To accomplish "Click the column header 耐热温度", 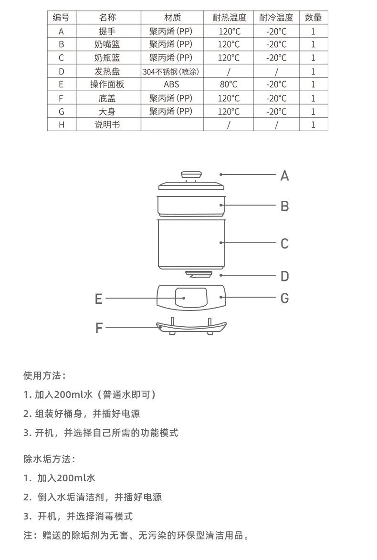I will click(229, 18).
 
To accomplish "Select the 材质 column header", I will click(172, 18).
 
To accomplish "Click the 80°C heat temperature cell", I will click(229, 84).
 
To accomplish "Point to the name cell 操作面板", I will click(107, 84).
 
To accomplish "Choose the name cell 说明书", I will click(107, 124).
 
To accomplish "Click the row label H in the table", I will click(61, 124).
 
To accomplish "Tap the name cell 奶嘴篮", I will click(107, 44).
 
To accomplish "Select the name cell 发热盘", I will click(107, 72).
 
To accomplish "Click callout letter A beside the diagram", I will click(284, 176).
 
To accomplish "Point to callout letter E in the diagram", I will click(99, 299).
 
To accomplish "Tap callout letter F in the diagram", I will click(99, 328).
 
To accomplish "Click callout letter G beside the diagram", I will click(284, 299).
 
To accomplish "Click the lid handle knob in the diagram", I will click(191, 175).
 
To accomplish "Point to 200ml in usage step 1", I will click(70, 394).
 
